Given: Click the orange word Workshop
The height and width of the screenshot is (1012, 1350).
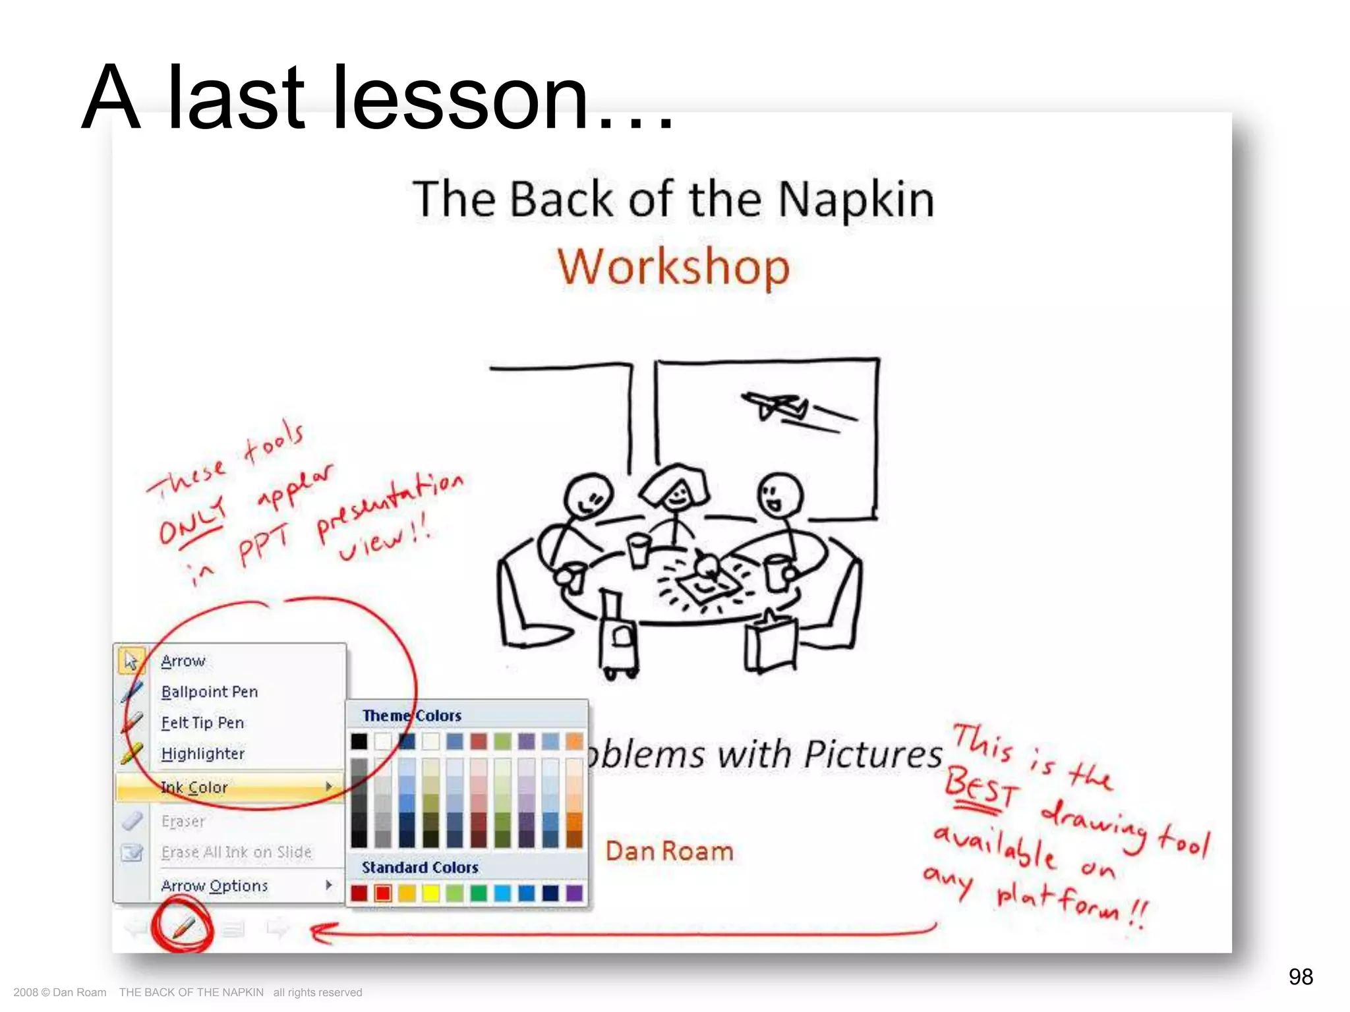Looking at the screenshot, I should (x=673, y=267).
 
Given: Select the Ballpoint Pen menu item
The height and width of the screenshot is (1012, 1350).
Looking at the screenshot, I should (x=210, y=692).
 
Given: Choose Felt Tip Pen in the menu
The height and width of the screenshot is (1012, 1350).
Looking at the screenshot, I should (x=202, y=723).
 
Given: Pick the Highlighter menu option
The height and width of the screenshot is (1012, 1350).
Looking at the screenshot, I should (x=202, y=754).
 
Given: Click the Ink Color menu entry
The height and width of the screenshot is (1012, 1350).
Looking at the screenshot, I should (x=195, y=787).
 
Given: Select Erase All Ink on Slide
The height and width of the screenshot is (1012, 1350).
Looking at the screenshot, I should (x=236, y=852).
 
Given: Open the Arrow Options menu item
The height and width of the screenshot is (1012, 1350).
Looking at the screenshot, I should (x=215, y=885).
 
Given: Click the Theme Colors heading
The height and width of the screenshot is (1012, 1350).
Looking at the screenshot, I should (x=412, y=716).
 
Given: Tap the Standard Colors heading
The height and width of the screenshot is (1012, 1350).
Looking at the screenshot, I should (x=420, y=868).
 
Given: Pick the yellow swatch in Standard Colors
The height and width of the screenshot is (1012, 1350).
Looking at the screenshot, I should (x=431, y=893).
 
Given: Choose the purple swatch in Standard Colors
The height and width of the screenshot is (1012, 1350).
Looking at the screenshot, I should (x=574, y=893).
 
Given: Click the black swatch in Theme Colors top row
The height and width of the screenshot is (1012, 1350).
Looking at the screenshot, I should (x=359, y=741).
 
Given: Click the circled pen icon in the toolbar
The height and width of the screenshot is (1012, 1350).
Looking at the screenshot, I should (x=183, y=928).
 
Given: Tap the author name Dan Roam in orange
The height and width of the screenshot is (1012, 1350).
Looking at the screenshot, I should (x=669, y=851).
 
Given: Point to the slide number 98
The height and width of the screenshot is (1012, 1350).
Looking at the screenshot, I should (x=1301, y=976).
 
